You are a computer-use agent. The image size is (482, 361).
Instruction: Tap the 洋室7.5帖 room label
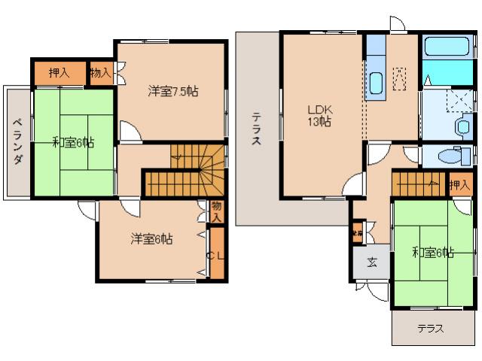point(172,91)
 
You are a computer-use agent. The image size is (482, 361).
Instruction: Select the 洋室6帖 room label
point(151,239)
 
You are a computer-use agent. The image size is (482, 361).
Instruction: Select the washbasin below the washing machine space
point(462,126)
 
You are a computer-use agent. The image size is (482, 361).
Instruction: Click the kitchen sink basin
point(375,82)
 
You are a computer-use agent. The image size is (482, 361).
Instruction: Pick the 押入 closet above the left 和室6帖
point(59,73)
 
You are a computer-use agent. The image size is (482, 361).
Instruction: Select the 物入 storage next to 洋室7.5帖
point(100,73)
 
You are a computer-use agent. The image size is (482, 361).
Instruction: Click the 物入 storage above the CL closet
point(216,211)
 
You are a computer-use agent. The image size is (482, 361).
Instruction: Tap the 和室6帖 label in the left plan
point(73,141)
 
